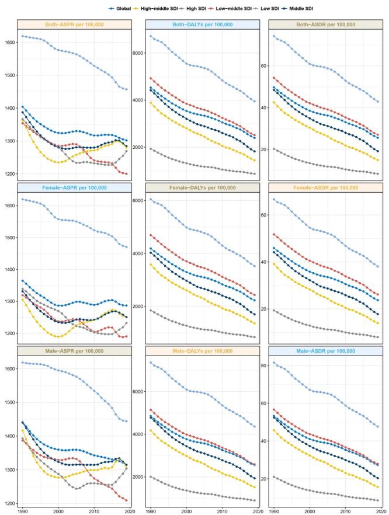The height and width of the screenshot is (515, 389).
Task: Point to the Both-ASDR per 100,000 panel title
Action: (325, 25)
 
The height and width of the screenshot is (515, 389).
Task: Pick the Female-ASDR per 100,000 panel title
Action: (325, 188)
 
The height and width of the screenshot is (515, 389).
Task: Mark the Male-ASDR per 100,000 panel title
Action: (325, 351)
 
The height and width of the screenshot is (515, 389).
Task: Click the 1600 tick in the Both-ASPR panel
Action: (9, 43)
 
